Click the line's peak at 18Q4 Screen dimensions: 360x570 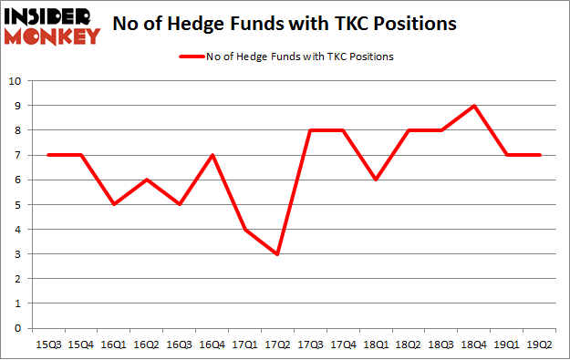point(474,106)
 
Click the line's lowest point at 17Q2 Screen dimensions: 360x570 point(277,254)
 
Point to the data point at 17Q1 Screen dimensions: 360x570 point(244,230)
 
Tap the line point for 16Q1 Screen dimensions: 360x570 point(113,204)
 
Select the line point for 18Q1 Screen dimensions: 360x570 point(376,180)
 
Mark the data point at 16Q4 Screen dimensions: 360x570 point(212,155)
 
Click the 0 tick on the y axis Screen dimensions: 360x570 point(16,328)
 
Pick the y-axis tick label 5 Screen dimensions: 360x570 point(16,205)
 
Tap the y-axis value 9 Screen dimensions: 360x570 point(16,106)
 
